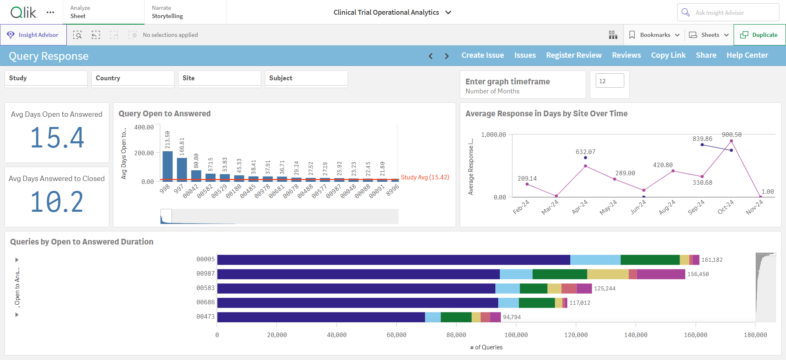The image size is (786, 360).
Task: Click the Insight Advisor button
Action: point(34,35)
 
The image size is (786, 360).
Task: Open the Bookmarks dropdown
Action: point(654,35)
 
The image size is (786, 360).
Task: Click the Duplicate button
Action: point(759,35)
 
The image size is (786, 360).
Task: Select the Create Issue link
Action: point(483,55)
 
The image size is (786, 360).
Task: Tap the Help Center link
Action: point(747,55)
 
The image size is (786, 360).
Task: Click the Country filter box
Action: point(133,79)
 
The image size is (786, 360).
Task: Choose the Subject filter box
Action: point(306,79)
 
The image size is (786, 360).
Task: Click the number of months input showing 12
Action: point(610,81)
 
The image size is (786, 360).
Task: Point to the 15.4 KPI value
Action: point(57,138)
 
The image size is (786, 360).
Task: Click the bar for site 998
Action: point(167,166)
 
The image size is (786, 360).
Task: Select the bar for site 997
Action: point(182,169)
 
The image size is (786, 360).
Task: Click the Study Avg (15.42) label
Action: point(425,177)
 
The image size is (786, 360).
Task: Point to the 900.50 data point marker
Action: point(731,141)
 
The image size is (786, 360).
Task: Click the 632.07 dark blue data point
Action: point(585,158)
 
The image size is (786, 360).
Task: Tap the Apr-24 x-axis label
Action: point(580,207)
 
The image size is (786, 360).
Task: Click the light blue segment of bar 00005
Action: point(595,260)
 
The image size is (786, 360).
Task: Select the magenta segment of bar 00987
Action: point(661,274)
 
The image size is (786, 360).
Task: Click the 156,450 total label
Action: point(698,274)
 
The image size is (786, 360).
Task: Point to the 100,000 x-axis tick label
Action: point(516,335)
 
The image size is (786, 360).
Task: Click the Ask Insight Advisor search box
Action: point(728,13)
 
